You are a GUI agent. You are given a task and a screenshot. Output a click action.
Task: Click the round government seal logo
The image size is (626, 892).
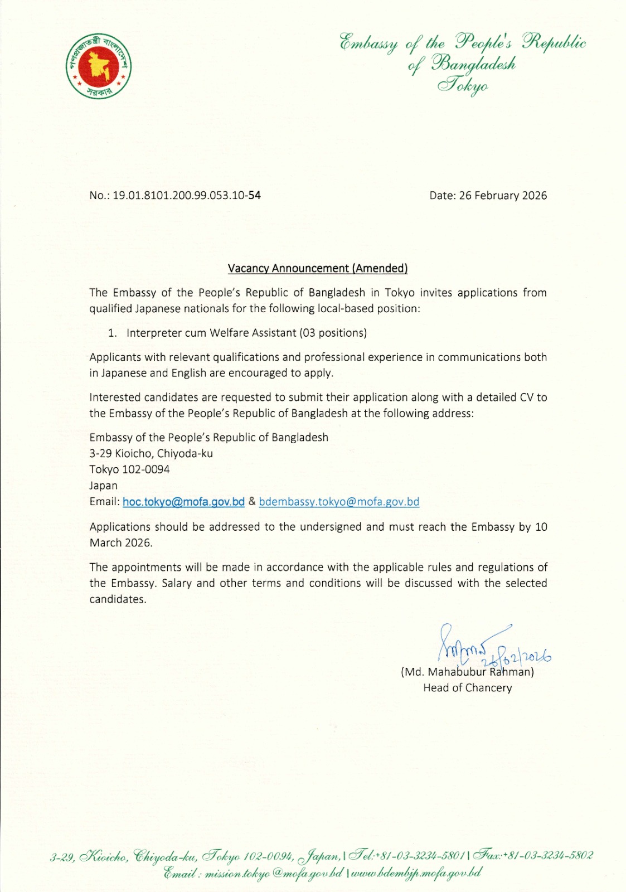(99, 68)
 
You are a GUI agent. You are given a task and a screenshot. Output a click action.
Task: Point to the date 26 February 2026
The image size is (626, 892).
(503, 196)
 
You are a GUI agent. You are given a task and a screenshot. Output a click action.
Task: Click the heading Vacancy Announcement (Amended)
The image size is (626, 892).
(318, 268)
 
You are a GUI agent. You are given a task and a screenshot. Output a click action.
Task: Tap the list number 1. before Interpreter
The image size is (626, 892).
(113, 333)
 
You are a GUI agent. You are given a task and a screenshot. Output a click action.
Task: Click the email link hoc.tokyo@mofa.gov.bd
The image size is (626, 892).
(183, 502)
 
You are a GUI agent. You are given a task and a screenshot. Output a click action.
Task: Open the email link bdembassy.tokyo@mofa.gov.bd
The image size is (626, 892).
(339, 502)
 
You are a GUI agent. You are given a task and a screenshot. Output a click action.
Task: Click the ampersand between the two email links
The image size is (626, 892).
(252, 502)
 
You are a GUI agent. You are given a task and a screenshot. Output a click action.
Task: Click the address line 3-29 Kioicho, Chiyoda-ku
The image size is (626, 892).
(151, 453)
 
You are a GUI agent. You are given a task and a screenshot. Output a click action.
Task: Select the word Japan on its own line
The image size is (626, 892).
(104, 486)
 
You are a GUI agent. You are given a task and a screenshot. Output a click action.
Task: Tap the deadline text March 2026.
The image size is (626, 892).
(120, 543)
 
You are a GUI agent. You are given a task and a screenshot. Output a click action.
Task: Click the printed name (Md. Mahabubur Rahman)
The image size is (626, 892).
(467, 672)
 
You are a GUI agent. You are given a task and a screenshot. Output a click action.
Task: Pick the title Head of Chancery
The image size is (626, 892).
(467, 688)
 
